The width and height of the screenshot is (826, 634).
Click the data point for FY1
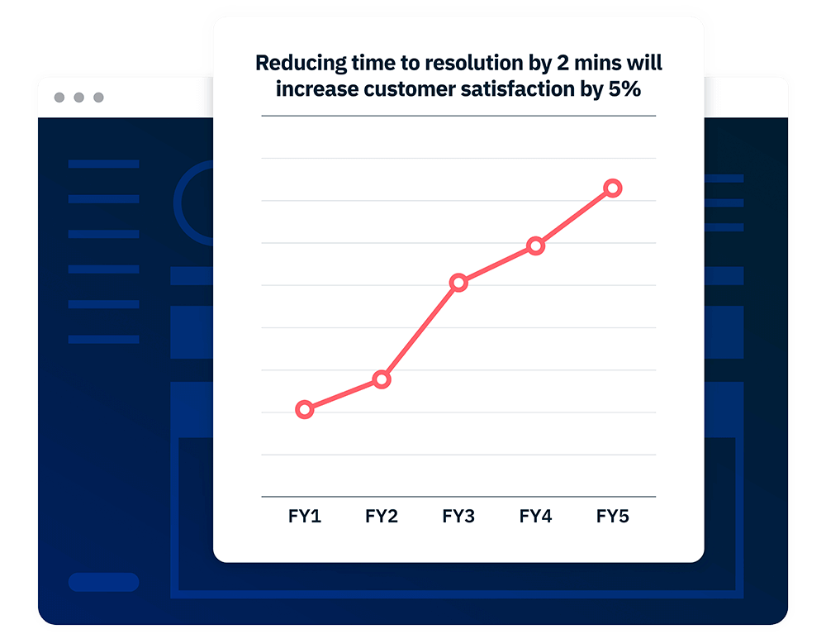click(305, 409)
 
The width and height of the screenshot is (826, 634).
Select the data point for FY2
click(382, 379)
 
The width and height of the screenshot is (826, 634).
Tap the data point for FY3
click(458, 283)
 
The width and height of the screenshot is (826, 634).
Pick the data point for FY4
click(535, 245)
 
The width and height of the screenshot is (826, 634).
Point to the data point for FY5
click(613, 188)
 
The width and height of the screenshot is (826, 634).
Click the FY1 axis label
click(305, 516)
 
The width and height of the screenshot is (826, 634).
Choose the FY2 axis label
click(382, 516)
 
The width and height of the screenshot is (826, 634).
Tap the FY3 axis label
click(458, 516)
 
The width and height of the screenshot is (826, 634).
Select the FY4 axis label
click(535, 516)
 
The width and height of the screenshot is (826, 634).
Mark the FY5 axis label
click(613, 516)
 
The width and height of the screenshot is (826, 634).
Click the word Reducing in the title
click(301, 64)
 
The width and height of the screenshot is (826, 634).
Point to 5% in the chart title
click(624, 88)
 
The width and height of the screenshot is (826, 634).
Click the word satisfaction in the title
click(517, 88)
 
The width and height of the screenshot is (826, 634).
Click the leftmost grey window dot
click(59, 98)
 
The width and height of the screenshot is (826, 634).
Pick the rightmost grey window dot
click(98, 98)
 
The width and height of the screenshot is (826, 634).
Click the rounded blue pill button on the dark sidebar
click(104, 582)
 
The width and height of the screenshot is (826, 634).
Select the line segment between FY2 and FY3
click(420, 331)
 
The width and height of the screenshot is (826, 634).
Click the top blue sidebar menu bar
click(104, 164)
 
